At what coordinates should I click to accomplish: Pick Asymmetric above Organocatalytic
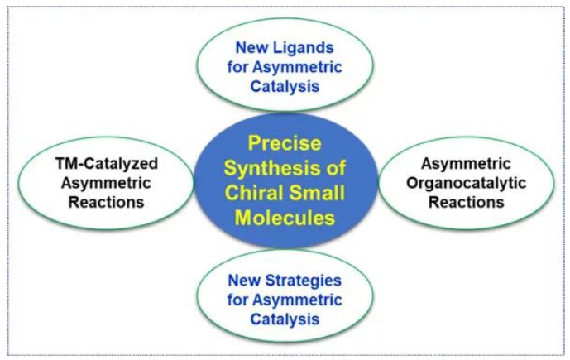(x=469, y=164)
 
